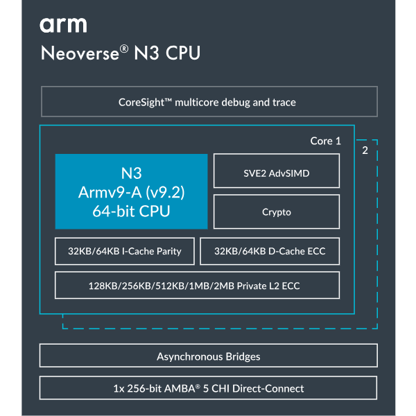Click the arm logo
[x=63, y=25]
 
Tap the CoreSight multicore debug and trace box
[x=208, y=102]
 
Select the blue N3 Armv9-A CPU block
[x=132, y=191]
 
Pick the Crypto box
[x=276, y=211]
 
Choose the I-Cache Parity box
[x=125, y=251]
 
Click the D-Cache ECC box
[x=270, y=251]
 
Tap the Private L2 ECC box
[x=197, y=285]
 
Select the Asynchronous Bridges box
[x=208, y=356]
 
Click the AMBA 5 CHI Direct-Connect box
[x=208, y=388]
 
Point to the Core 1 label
[x=325, y=141]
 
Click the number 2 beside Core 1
[x=365, y=150]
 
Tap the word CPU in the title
[x=183, y=54]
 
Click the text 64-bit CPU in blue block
[x=132, y=211]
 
